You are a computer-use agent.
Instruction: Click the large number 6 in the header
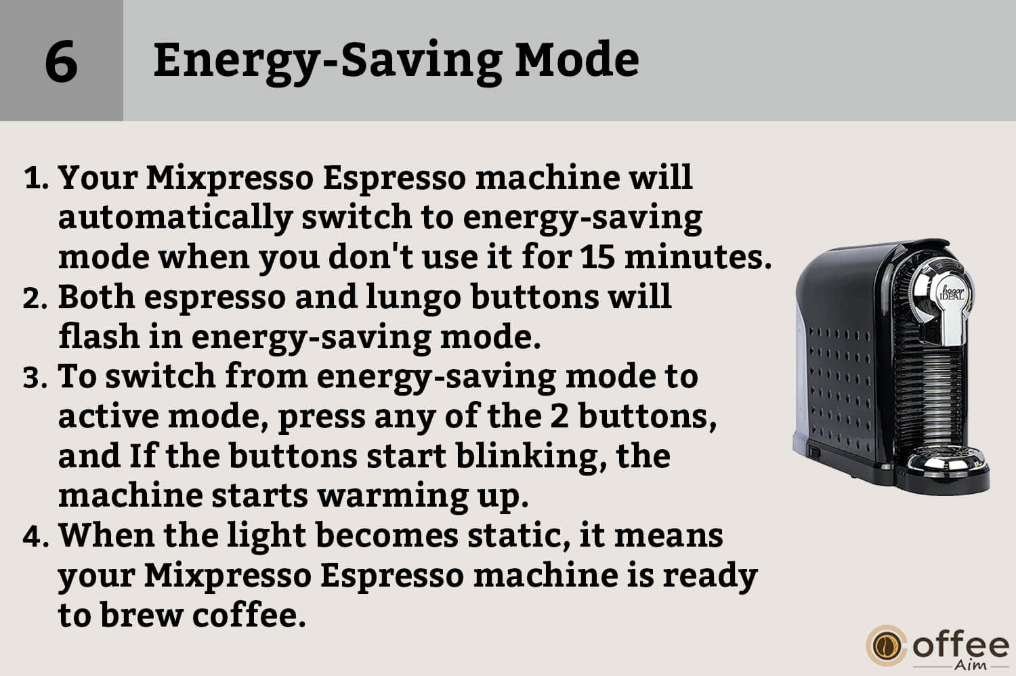coord(61,61)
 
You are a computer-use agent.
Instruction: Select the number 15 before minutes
coord(597,256)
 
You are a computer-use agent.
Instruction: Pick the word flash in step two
coord(98,336)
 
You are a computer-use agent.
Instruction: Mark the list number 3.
coord(35,377)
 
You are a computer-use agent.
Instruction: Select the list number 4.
coord(36,536)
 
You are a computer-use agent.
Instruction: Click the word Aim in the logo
coord(971,665)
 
